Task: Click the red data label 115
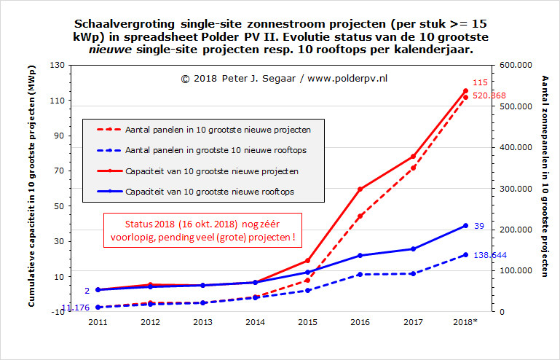pyautogui.click(x=480, y=83)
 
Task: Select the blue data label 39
pyautogui.click(x=478, y=226)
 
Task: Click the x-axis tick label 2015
pyautogui.click(x=307, y=322)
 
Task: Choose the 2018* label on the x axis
pyautogui.click(x=465, y=322)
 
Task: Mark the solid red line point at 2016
pyautogui.click(x=360, y=189)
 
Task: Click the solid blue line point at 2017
pyautogui.click(x=413, y=249)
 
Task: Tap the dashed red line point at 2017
pyautogui.click(x=413, y=168)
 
